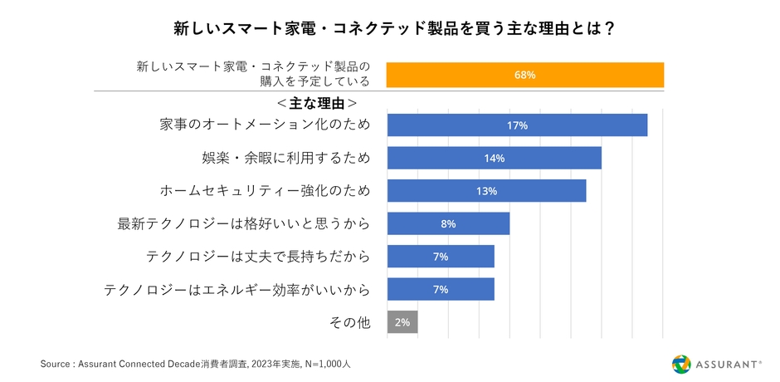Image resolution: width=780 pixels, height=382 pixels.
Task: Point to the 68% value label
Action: pyautogui.click(x=524, y=75)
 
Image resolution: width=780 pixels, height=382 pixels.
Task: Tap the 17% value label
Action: pyautogui.click(x=517, y=125)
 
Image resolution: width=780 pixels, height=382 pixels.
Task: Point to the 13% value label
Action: pyautogui.click(x=486, y=191)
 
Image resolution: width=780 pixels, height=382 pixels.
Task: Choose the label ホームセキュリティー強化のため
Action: pyautogui.click(x=265, y=191)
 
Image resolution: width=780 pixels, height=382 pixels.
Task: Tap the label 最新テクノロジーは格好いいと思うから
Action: pyautogui.click(x=244, y=223)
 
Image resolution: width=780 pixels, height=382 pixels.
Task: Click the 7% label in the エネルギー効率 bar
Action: pyautogui.click(x=441, y=289)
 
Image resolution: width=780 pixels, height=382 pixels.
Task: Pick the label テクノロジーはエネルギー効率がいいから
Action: pyautogui.click(x=236, y=289)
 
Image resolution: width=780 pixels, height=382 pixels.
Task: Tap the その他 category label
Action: pyautogui.click(x=350, y=322)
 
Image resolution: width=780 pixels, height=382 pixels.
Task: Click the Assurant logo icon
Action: pyautogui.click(x=680, y=364)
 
